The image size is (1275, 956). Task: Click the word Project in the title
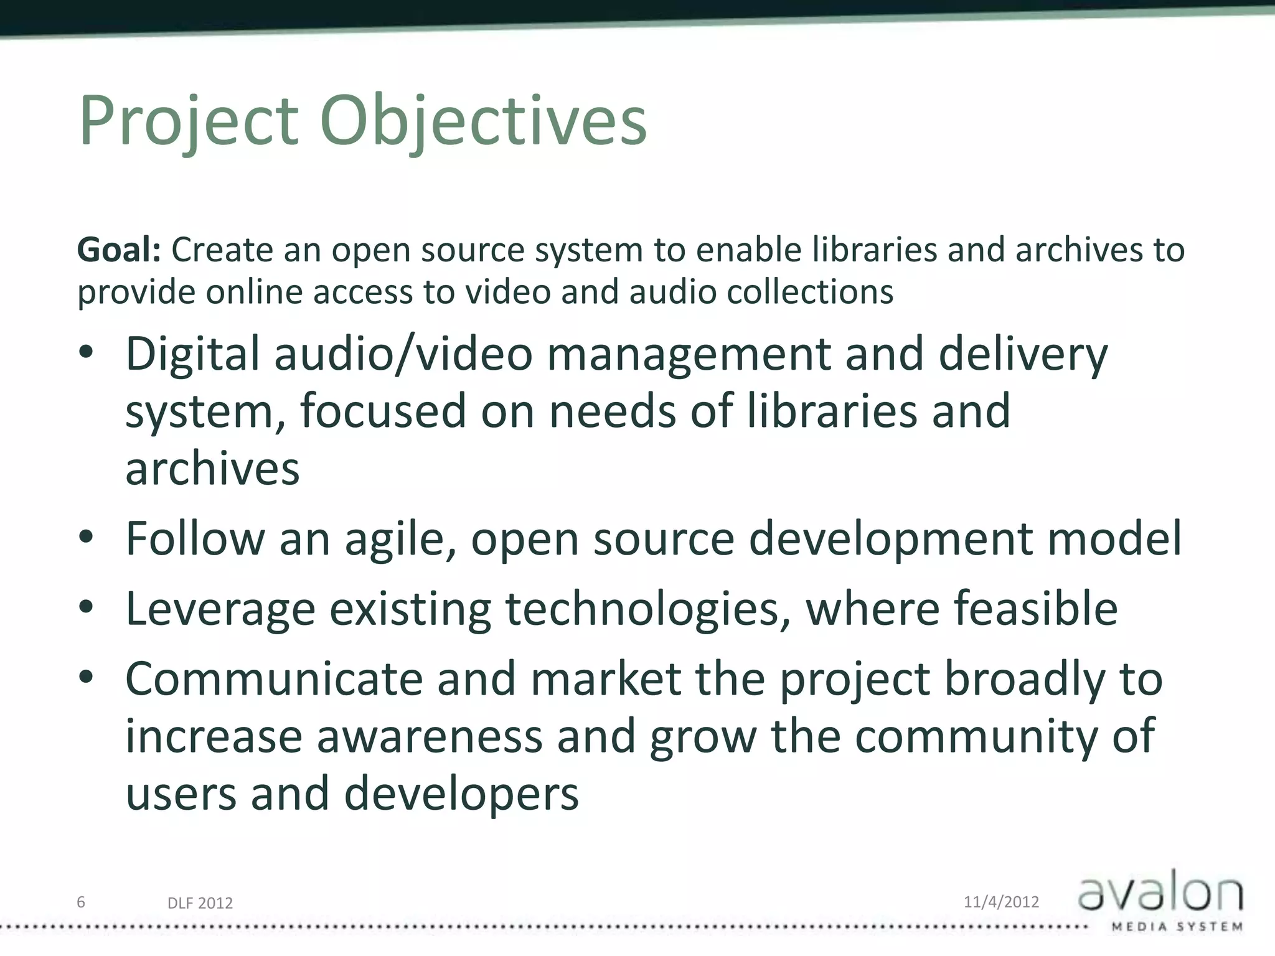188,121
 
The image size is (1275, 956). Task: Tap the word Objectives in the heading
483,121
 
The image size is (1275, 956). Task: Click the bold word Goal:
119,250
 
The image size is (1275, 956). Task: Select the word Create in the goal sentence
222,250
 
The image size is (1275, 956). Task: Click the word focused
383,411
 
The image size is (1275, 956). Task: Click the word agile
400,539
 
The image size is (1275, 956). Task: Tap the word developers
461,794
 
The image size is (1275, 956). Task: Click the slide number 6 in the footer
81,902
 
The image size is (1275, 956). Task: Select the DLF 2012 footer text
200,903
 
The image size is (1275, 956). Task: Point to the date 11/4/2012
1001,902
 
